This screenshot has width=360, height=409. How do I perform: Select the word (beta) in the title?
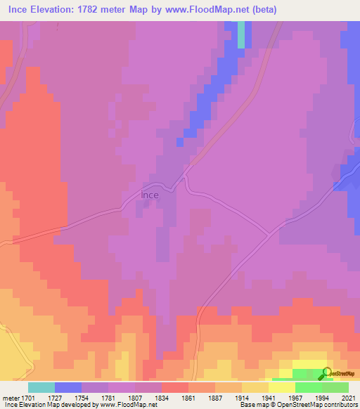tap(259, 10)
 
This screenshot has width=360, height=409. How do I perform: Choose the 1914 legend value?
tap(243, 398)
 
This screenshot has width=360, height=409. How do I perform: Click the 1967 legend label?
tap(295, 398)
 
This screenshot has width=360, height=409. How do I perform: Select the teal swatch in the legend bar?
tap(41, 387)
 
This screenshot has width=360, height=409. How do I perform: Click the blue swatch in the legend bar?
tap(68, 387)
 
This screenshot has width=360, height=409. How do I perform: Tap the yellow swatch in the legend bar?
tap(282, 387)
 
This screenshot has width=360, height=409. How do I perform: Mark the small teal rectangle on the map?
tap(240, 34)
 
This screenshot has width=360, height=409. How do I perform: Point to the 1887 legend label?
tap(216, 398)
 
